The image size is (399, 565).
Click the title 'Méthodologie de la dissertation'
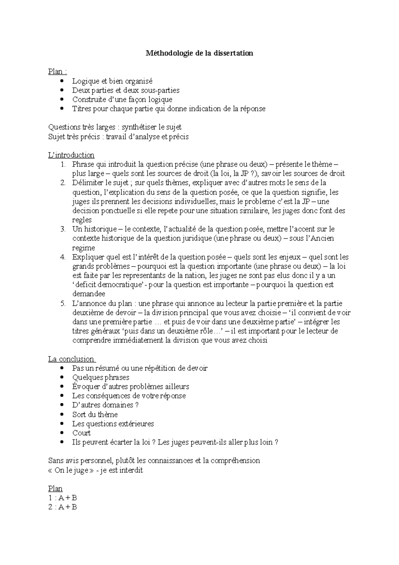(199, 53)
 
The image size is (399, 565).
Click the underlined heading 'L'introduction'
(71, 155)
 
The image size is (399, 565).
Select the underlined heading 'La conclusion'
(71, 359)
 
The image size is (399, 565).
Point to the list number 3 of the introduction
(63, 229)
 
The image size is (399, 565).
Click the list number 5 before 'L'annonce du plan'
(63, 303)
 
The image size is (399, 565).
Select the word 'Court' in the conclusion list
(81, 433)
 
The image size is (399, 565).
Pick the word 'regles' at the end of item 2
(82, 220)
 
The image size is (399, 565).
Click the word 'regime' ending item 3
(83, 248)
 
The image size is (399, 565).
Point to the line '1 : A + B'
(63, 498)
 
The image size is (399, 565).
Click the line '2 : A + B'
(63, 507)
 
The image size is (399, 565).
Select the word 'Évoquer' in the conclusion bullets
(85, 387)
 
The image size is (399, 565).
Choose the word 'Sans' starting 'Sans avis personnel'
(55, 461)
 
